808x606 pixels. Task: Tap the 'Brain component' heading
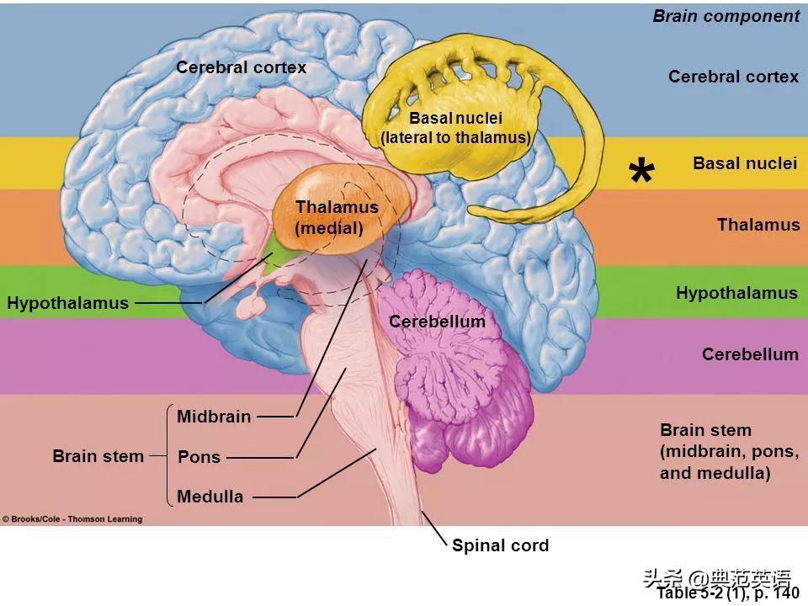pos(726,16)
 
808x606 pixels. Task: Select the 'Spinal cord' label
pos(500,545)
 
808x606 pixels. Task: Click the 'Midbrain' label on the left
pos(214,417)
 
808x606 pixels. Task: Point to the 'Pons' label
pos(199,457)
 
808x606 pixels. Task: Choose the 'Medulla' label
pos(210,497)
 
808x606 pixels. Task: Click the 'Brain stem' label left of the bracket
pos(98,456)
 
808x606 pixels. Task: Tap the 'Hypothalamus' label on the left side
pos(68,303)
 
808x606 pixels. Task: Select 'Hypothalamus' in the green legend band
pos(736,293)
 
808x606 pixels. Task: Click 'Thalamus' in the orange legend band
pos(757,225)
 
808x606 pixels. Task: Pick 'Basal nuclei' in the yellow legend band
pos(744,163)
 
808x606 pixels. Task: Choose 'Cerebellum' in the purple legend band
pos(750,354)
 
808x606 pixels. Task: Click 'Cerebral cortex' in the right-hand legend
pos(733,77)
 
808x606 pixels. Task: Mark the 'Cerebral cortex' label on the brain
pos(241,67)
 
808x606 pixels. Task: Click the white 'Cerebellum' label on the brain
pos(437,322)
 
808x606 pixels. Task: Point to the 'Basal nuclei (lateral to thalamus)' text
pos(455,128)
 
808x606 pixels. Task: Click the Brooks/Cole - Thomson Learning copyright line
pos(72,519)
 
